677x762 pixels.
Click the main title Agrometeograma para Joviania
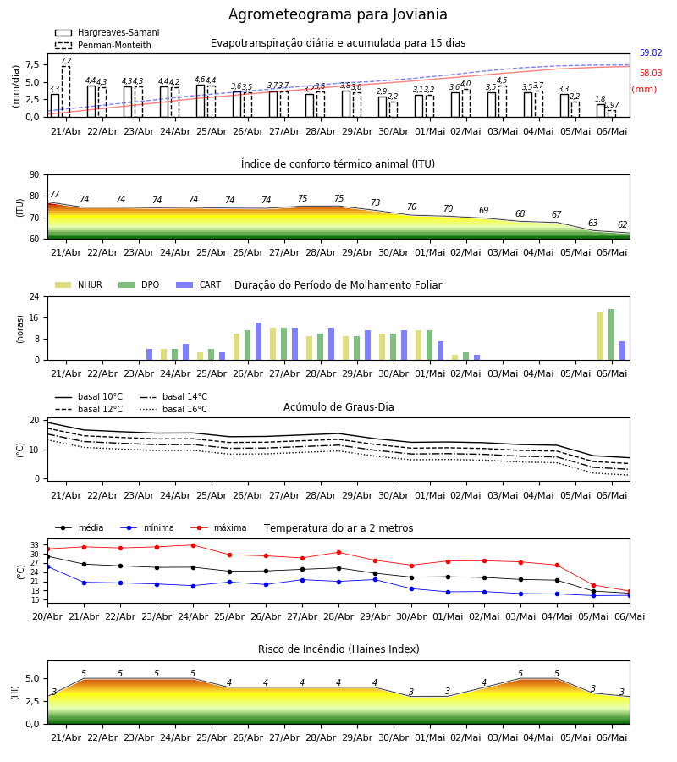pyautogui.click(x=338, y=14)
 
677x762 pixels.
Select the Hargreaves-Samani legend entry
pyautogui.click(x=107, y=32)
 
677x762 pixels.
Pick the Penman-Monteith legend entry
pyautogui.click(x=103, y=45)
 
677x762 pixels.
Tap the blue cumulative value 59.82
pyautogui.click(x=651, y=53)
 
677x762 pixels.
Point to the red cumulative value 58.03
pyautogui.click(x=651, y=74)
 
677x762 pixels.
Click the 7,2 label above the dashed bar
pyautogui.click(x=66, y=61)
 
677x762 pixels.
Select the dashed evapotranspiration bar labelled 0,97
pyautogui.click(x=612, y=113)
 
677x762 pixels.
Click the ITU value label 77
pyautogui.click(x=54, y=194)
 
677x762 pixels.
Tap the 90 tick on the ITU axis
pyautogui.click(x=35, y=175)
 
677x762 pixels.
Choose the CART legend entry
pyautogui.click(x=199, y=284)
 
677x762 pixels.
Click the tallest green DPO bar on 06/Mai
pyautogui.click(x=612, y=334)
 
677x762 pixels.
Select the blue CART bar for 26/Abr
pyautogui.click(x=258, y=341)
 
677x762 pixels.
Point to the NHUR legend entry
pyautogui.click(x=79, y=284)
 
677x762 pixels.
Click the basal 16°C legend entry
pyautogui.click(x=173, y=409)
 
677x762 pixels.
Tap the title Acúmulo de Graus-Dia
pyautogui.click(x=338, y=406)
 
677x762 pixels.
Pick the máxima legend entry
pyautogui.click(x=218, y=527)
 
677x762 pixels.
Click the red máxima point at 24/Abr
pyautogui.click(x=193, y=545)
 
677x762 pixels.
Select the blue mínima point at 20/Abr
pyautogui.click(x=47, y=566)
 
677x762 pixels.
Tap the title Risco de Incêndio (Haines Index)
pyautogui.click(x=338, y=649)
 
